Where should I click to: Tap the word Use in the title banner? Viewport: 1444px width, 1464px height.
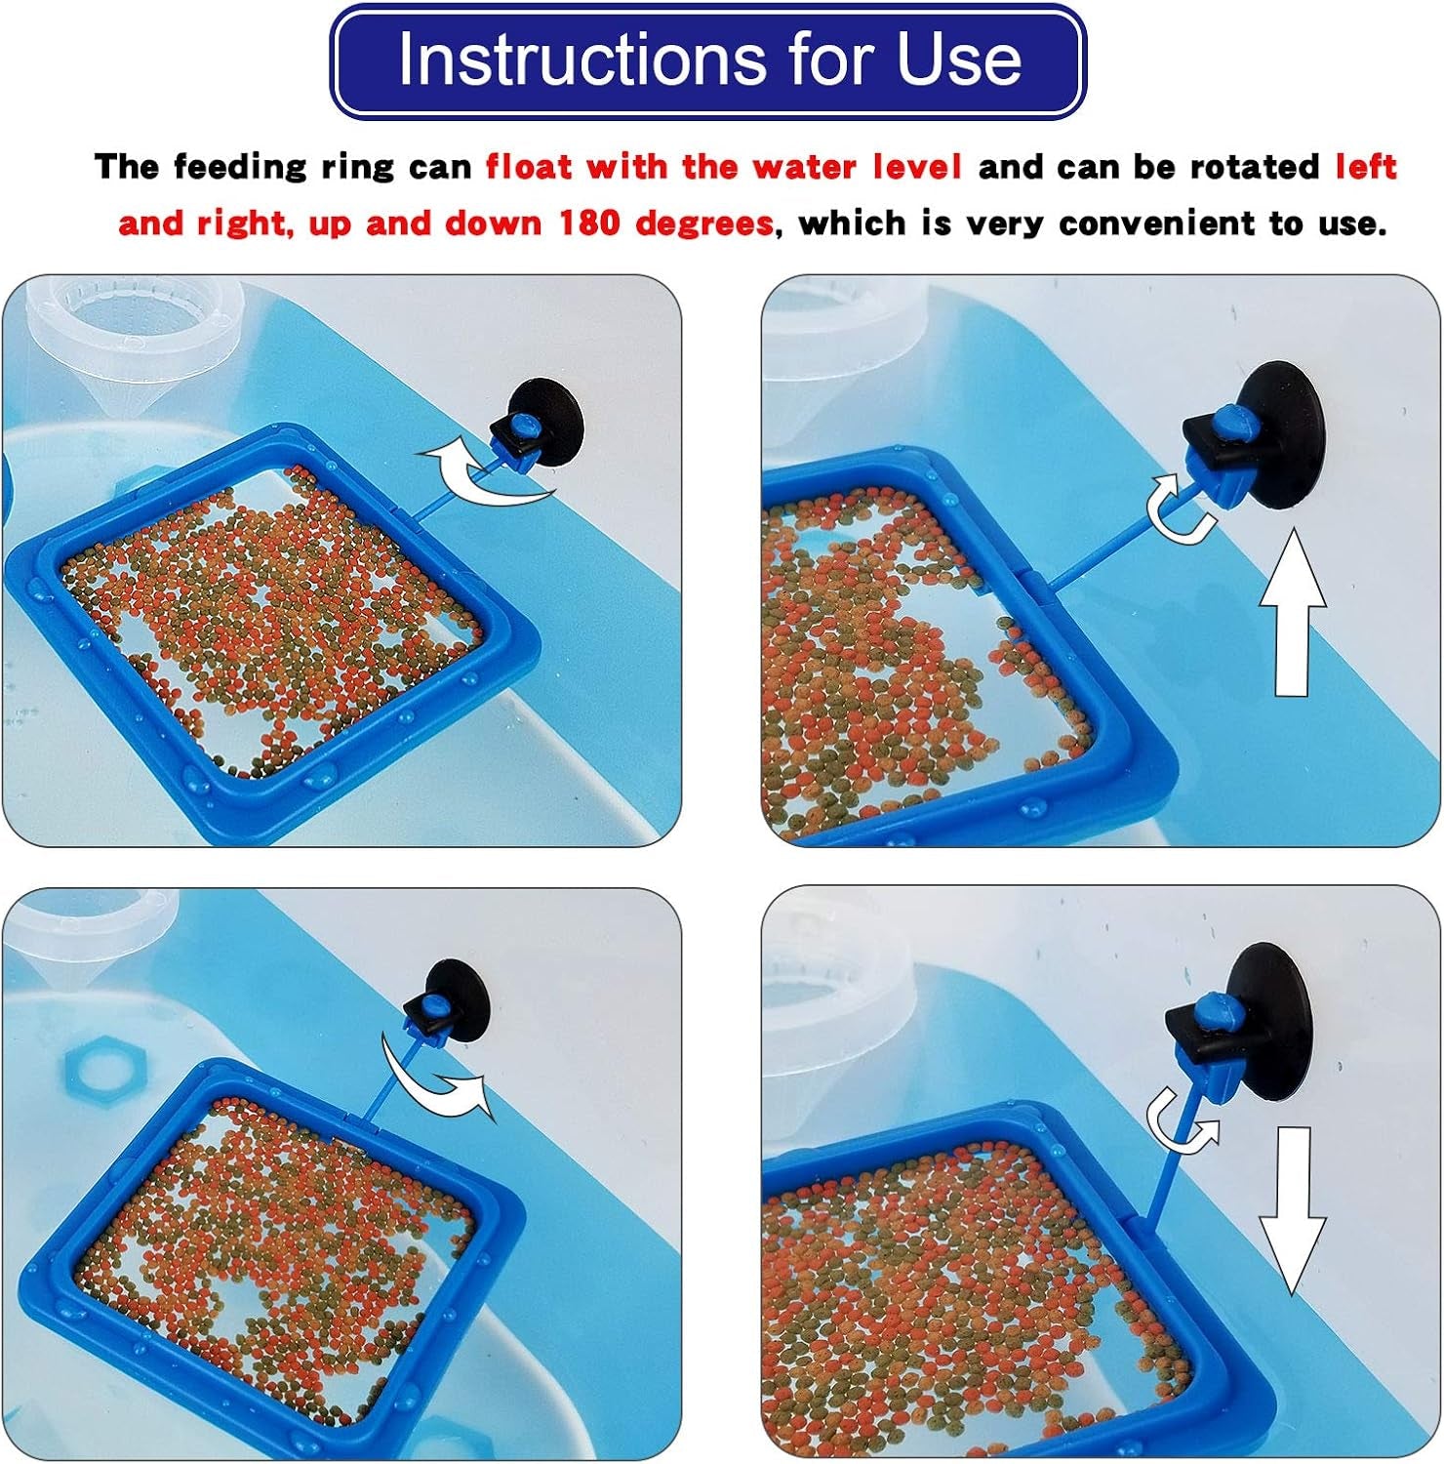(x=959, y=60)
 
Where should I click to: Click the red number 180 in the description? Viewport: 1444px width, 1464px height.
(x=589, y=224)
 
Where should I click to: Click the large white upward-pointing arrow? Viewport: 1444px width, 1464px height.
(x=1293, y=612)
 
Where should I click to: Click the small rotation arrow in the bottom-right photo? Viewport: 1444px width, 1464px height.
(x=1182, y=1123)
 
